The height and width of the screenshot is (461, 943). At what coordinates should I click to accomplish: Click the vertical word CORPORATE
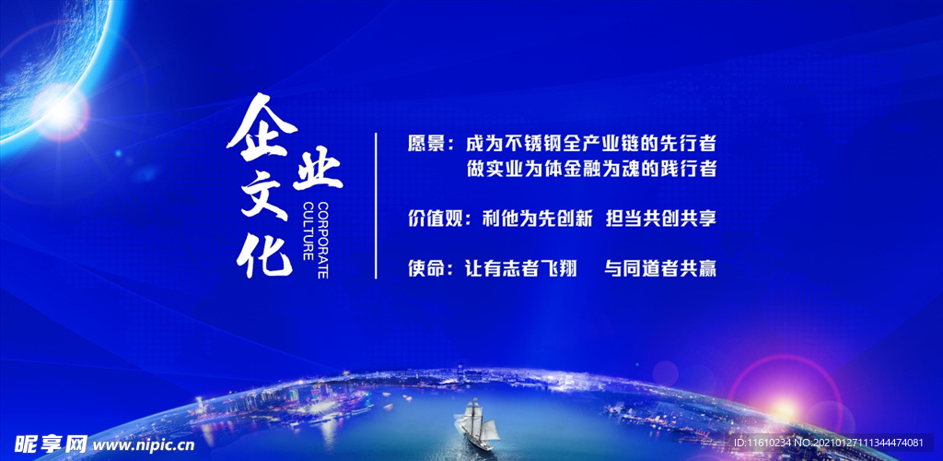coord(323,236)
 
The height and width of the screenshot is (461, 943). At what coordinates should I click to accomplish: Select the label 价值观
coord(434,219)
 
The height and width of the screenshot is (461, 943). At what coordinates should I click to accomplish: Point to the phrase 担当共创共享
coord(660,219)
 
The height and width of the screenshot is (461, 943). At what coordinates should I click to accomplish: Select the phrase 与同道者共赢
coord(660,269)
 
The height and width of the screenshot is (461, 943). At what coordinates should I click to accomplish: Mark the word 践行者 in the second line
coord(689,170)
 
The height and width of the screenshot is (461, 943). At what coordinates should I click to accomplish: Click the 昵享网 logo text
coord(45,444)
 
